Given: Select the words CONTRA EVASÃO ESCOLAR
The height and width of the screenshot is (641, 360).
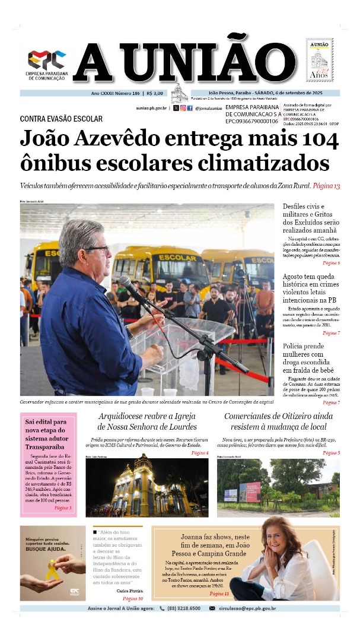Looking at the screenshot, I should (x=61, y=119).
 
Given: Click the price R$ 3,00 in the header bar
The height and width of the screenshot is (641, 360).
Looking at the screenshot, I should (x=156, y=93).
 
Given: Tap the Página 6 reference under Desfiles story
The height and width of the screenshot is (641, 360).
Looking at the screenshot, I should (x=331, y=262).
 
